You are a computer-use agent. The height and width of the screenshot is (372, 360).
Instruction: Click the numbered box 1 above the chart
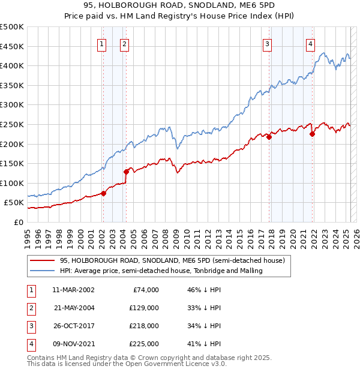coord(102,43)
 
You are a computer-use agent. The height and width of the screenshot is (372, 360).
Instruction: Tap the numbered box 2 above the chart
coord(124,43)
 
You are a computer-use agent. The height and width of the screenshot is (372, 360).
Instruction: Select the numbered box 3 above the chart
coord(267,43)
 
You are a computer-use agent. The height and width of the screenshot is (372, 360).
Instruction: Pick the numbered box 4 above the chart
coord(310,43)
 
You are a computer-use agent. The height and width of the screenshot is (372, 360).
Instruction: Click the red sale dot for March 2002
coord(103,193)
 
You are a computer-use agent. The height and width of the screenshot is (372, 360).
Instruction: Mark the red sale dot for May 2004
coord(127,172)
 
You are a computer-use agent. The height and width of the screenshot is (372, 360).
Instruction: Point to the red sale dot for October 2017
coord(269,137)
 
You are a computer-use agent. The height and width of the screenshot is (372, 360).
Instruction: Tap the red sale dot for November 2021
coord(312,134)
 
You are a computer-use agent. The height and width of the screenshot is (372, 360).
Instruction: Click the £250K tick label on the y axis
coord(12,124)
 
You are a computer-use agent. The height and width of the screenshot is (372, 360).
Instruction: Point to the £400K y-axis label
coord(12,65)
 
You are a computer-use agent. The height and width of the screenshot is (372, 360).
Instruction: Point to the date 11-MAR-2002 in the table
coord(73,290)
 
